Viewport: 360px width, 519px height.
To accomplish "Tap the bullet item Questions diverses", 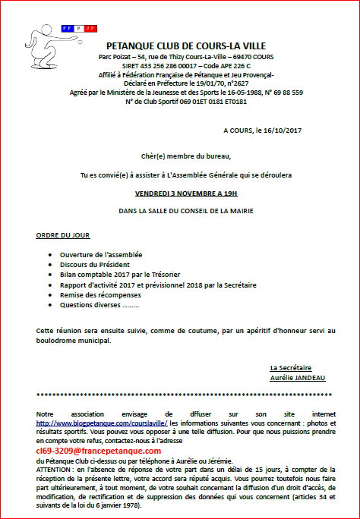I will [99, 305].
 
